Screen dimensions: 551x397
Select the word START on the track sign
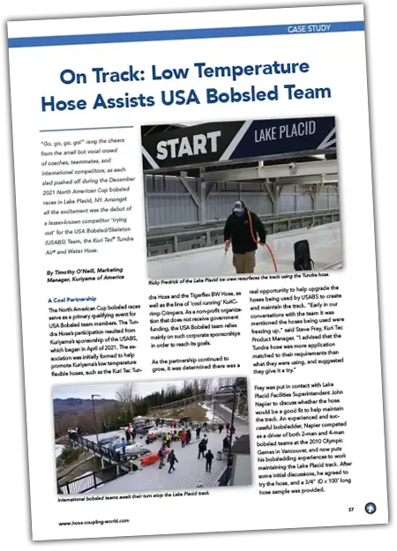(188, 147)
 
